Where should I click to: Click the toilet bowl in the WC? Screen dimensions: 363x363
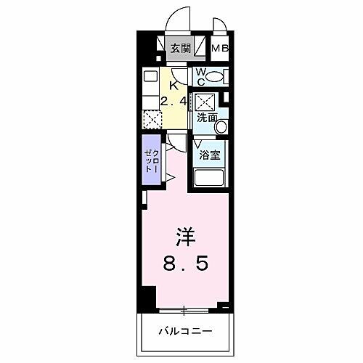220,76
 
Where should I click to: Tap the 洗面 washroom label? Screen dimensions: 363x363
206,117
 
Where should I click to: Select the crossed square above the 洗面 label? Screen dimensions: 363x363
205,100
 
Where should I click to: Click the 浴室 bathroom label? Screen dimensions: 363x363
209,155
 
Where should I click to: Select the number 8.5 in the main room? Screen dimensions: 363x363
185,264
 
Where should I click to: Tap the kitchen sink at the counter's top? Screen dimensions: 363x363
150,76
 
